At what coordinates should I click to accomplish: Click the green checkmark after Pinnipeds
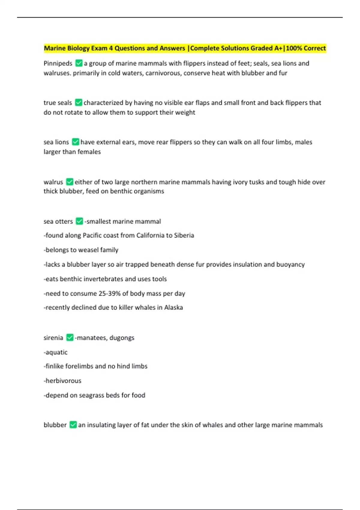pyautogui.click(x=79, y=63)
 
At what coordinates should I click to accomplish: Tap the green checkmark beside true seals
pyautogui.click(x=78, y=103)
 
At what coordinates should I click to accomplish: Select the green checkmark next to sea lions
pyautogui.click(x=76, y=142)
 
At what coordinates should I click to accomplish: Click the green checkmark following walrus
pyautogui.click(x=70, y=182)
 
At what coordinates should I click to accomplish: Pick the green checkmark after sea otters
pyautogui.click(x=79, y=221)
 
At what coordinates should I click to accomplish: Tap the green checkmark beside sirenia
pyautogui.click(x=70, y=337)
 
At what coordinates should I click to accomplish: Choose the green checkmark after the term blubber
pyautogui.click(x=73, y=425)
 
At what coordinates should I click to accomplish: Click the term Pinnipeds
pyautogui.click(x=58, y=64)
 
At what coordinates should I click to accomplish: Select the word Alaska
pyautogui.click(x=173, y=307)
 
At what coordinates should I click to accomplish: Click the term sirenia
pyautogui.click(x=53, y=338)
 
